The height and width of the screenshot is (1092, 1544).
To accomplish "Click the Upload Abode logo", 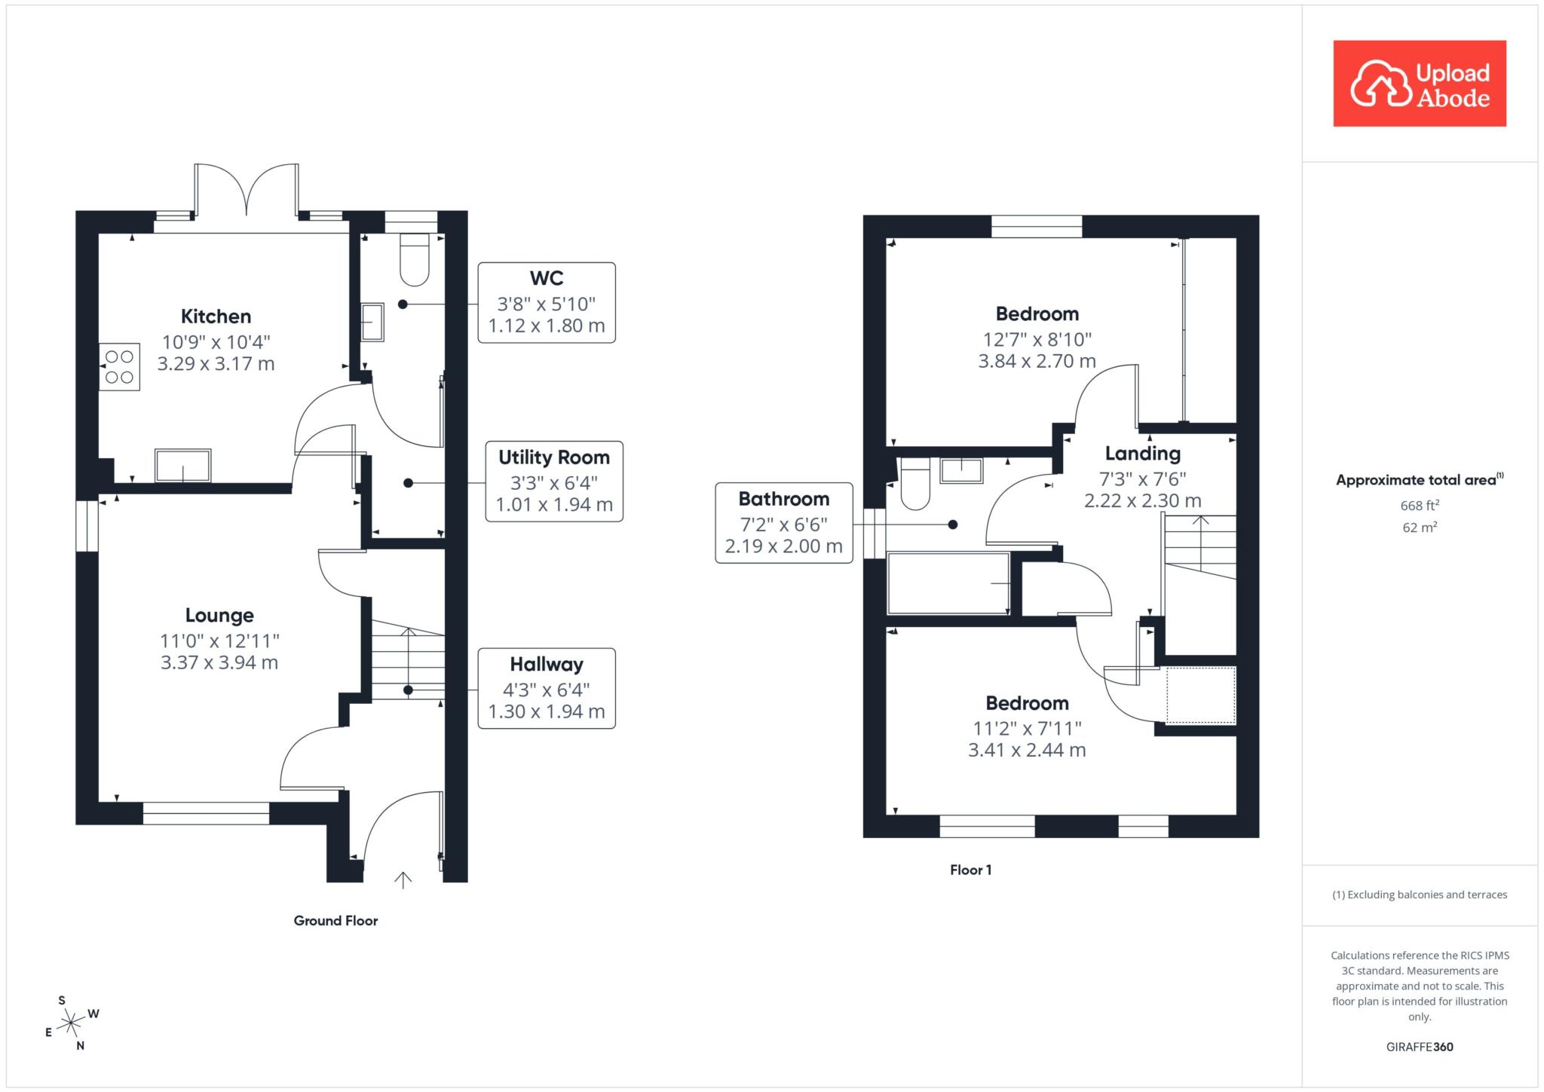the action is tap(1420, 83).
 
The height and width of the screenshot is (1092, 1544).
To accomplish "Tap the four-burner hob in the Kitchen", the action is tap(119, 367).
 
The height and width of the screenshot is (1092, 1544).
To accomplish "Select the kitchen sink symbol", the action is tap(183, 465).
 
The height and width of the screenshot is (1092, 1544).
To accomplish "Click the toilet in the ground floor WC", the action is tap(414, 260).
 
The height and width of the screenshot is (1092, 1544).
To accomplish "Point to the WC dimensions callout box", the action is tap(547, 302).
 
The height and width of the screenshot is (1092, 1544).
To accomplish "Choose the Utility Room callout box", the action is tap(554, 481).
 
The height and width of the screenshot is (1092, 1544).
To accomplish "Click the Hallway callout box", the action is tap(547, 688).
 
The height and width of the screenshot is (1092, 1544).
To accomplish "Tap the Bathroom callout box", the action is tap(784, 522).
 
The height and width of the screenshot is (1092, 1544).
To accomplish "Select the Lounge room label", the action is tap(219, 616).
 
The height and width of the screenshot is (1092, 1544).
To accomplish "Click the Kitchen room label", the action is tap(216, 317).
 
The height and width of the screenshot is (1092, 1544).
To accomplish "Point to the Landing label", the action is tap(1143, 454).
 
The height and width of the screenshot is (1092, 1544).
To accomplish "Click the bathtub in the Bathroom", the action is tap(948, 583).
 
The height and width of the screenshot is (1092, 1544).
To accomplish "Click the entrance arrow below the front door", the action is tap(403, 880).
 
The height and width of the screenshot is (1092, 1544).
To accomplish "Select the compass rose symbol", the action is tap(71, 1023).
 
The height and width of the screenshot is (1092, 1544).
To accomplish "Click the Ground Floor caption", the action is tap(335, 920).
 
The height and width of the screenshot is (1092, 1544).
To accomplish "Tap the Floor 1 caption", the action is tap(971, 870).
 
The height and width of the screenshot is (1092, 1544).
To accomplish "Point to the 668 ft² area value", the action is tap(1420, 506).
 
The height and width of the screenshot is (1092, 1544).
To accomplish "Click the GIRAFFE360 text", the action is tap(1420, 1047).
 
